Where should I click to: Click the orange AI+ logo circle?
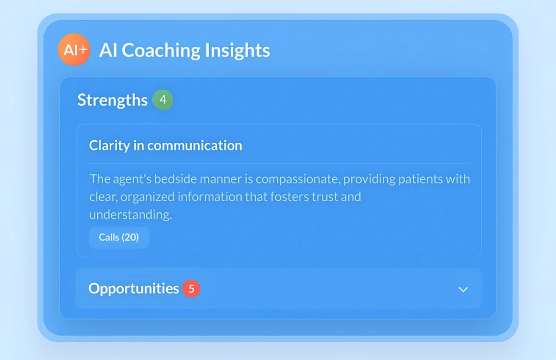click(74, 49)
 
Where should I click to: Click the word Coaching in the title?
click(161, 50)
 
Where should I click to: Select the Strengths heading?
click(112, 100)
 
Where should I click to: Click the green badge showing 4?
click(163, 100)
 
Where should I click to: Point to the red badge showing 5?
click(191, 289)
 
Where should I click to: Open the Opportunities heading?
click(134, 289)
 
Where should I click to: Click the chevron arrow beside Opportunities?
click(463, 290)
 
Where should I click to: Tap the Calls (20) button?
click(119, 237)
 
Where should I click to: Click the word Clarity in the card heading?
click(110, 146)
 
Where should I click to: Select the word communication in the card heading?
click(195, 146)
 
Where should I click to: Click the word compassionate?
click(298, 180)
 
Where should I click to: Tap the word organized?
click(147, 197)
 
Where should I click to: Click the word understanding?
click(130, 215)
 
